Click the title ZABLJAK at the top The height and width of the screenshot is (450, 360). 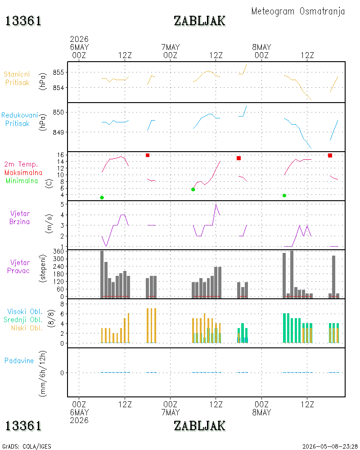click(x=199, y=21)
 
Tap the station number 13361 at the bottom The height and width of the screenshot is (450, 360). click(x=23, y=426)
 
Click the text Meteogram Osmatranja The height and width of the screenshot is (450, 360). click(x=298, y=11)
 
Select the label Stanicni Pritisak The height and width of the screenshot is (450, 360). click(x=17, y=78)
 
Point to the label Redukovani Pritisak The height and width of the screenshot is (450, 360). click(x=19, y=119)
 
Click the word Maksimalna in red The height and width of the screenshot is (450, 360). click(x=23, y=172)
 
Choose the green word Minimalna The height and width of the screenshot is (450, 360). click(x=22, y=181)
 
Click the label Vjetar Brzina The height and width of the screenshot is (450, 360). click(x=19, y=217)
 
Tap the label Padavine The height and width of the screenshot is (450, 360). click(x=19, y=361)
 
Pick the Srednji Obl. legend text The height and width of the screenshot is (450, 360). click(x=23, y=319)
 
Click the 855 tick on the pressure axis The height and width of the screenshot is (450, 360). click(x=58, y=72)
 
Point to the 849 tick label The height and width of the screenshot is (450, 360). click(x=58, y=132)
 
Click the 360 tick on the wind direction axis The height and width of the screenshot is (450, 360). click(x=58, y=252)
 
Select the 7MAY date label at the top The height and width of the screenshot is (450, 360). click(x=171, y=47)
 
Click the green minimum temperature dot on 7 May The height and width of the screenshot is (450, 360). click(x=193, y=189)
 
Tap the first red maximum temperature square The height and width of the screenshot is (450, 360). click(x=148, y=155)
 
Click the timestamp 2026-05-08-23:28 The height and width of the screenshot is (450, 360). click(x=330, y=446)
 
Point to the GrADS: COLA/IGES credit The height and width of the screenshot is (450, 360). click(x=27, y=446)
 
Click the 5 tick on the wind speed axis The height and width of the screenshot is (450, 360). click(x=62, y=204)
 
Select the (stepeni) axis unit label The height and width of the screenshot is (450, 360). click(x=43, y=268)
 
